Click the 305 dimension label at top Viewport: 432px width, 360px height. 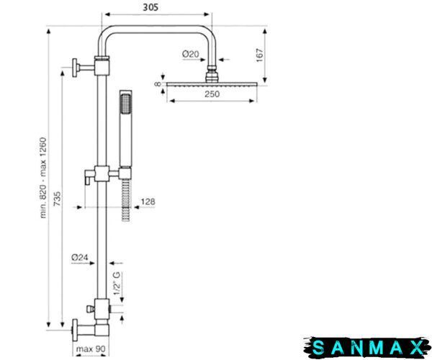coord(150,7)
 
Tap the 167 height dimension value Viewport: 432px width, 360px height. coord(260,55)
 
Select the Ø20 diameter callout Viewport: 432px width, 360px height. coord(190,54)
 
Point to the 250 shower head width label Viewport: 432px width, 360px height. coord(212,94)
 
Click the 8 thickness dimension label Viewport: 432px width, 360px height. coord(158,84)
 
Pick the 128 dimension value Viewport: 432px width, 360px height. coord(148,202)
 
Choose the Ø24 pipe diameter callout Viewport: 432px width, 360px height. coord(80,258)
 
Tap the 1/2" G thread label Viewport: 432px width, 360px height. coord(117,283)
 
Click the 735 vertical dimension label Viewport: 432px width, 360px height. coord(58,199)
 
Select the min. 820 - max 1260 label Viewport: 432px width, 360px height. coord(43,178)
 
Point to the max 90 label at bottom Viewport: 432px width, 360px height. coord(91,349)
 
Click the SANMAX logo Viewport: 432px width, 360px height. coord(367,348)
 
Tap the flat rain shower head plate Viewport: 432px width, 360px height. coord(212,84)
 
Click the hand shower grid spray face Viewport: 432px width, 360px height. coord(125,103)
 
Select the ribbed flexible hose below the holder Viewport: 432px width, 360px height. coord(126,199)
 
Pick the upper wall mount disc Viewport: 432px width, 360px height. coord(75,68)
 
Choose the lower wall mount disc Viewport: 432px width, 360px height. coord(75,330)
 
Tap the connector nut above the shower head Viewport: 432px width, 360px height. coord(212,74)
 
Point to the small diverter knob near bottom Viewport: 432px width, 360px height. coord(89,309)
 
